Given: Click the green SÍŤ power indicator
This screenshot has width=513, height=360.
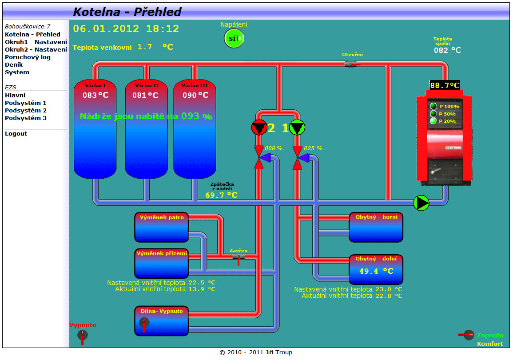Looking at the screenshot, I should (x=234, y=39).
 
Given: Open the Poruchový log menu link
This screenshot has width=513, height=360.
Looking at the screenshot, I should (x=28, y=57).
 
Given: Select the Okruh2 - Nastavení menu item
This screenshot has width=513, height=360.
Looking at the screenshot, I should (x=36, y=49).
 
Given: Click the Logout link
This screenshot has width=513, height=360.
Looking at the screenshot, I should (x=16, y=133).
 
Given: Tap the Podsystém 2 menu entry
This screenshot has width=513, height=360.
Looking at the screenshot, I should (x=26, y=110).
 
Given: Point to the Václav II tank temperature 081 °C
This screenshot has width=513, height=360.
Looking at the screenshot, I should (x=145, y=95).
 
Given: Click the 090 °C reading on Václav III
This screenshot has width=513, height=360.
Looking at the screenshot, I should (x=195, y=95).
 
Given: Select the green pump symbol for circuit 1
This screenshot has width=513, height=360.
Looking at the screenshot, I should (x=297, y=128).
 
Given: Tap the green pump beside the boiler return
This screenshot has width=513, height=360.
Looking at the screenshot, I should (x=421, y=203).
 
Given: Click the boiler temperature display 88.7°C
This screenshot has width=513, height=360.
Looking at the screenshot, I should (x=445, y=85).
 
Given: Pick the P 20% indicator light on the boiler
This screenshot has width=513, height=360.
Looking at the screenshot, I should (x=433, y=121).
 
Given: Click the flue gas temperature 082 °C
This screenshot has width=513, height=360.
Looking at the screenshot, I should (x=447, y=50).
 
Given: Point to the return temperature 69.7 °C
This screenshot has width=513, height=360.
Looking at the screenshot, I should (x=221, y=195).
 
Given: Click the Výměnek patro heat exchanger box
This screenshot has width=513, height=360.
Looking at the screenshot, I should (x=162, y=227).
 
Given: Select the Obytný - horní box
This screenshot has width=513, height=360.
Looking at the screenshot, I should (x=376, y=227).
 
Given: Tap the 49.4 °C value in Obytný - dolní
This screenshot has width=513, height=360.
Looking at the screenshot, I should (x=376, y=271).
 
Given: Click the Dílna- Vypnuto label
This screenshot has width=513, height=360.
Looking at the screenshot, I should (x=162, y=311).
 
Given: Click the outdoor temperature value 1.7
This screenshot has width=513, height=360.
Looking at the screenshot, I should (x=145, y=47).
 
